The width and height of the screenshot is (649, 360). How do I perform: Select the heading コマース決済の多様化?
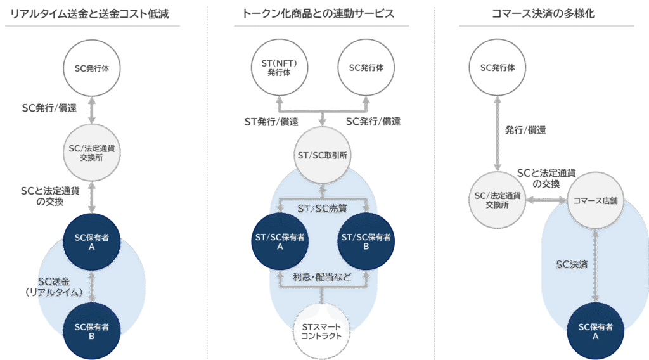(x=543, y=13)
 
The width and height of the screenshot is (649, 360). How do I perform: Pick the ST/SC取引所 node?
(x=323, y=155)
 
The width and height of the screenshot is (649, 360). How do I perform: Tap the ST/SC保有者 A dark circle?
(x=280, y=241)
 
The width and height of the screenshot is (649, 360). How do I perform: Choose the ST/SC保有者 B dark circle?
(x=366, y=241)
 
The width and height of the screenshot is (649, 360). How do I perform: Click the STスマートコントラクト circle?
(x=323, y=331)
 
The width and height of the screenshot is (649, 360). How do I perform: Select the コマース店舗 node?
(x=594, y=200)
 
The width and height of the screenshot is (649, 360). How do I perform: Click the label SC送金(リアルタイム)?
(x=60, y=287)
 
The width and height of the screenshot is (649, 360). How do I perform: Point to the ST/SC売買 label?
(x=322, y=208)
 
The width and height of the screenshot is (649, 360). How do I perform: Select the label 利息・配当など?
(x=322, y=277)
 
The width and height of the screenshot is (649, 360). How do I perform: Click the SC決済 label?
(x=572, y=265)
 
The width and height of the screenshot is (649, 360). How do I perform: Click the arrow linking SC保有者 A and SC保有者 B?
(x=93, y=286)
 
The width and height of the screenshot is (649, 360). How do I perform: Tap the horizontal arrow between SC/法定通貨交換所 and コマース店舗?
(x=546, y=200)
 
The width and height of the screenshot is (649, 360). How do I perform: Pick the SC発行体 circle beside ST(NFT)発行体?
(x=366, y=68)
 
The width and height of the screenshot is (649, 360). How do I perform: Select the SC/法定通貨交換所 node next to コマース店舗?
(x=498, y=200)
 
